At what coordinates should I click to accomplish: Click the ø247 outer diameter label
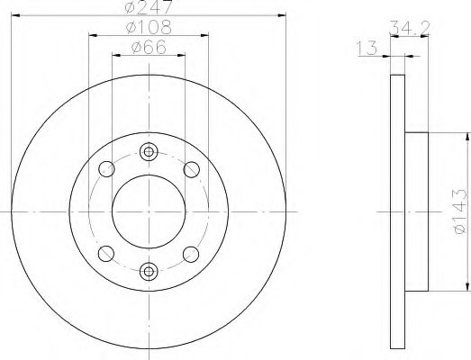point(149,7)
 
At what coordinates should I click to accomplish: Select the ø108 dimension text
point(149,28)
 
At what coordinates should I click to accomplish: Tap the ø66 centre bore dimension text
point(149,48)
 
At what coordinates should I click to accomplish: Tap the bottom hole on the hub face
point(149,269)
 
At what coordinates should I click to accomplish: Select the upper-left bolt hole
point(107,168)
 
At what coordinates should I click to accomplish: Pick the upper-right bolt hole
point(190,168)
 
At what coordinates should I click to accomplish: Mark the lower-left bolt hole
point(107,252)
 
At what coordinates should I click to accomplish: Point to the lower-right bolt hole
point(190,252)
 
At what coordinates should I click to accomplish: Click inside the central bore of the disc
point(149,211)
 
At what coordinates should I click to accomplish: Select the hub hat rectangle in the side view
point(417,211)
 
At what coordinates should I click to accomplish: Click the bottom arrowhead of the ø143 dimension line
point(467,287)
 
